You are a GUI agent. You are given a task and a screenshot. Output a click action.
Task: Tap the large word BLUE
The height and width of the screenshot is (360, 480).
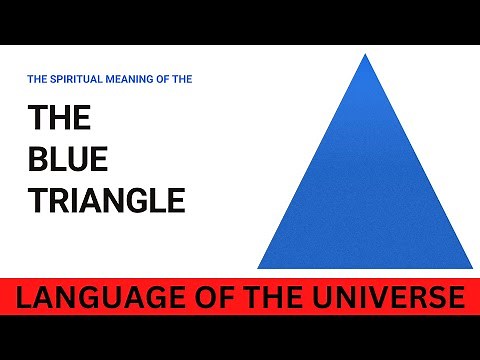66,159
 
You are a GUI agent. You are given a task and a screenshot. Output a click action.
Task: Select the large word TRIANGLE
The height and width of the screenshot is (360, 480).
106,200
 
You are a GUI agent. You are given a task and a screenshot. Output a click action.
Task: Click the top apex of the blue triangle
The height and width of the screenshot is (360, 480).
362,56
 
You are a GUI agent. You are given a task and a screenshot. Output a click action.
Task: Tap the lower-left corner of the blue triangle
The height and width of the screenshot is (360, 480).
259,267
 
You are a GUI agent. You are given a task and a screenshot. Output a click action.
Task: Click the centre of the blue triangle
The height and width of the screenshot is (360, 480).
363,195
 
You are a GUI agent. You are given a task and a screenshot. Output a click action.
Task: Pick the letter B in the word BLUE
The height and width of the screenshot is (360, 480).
37,159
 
